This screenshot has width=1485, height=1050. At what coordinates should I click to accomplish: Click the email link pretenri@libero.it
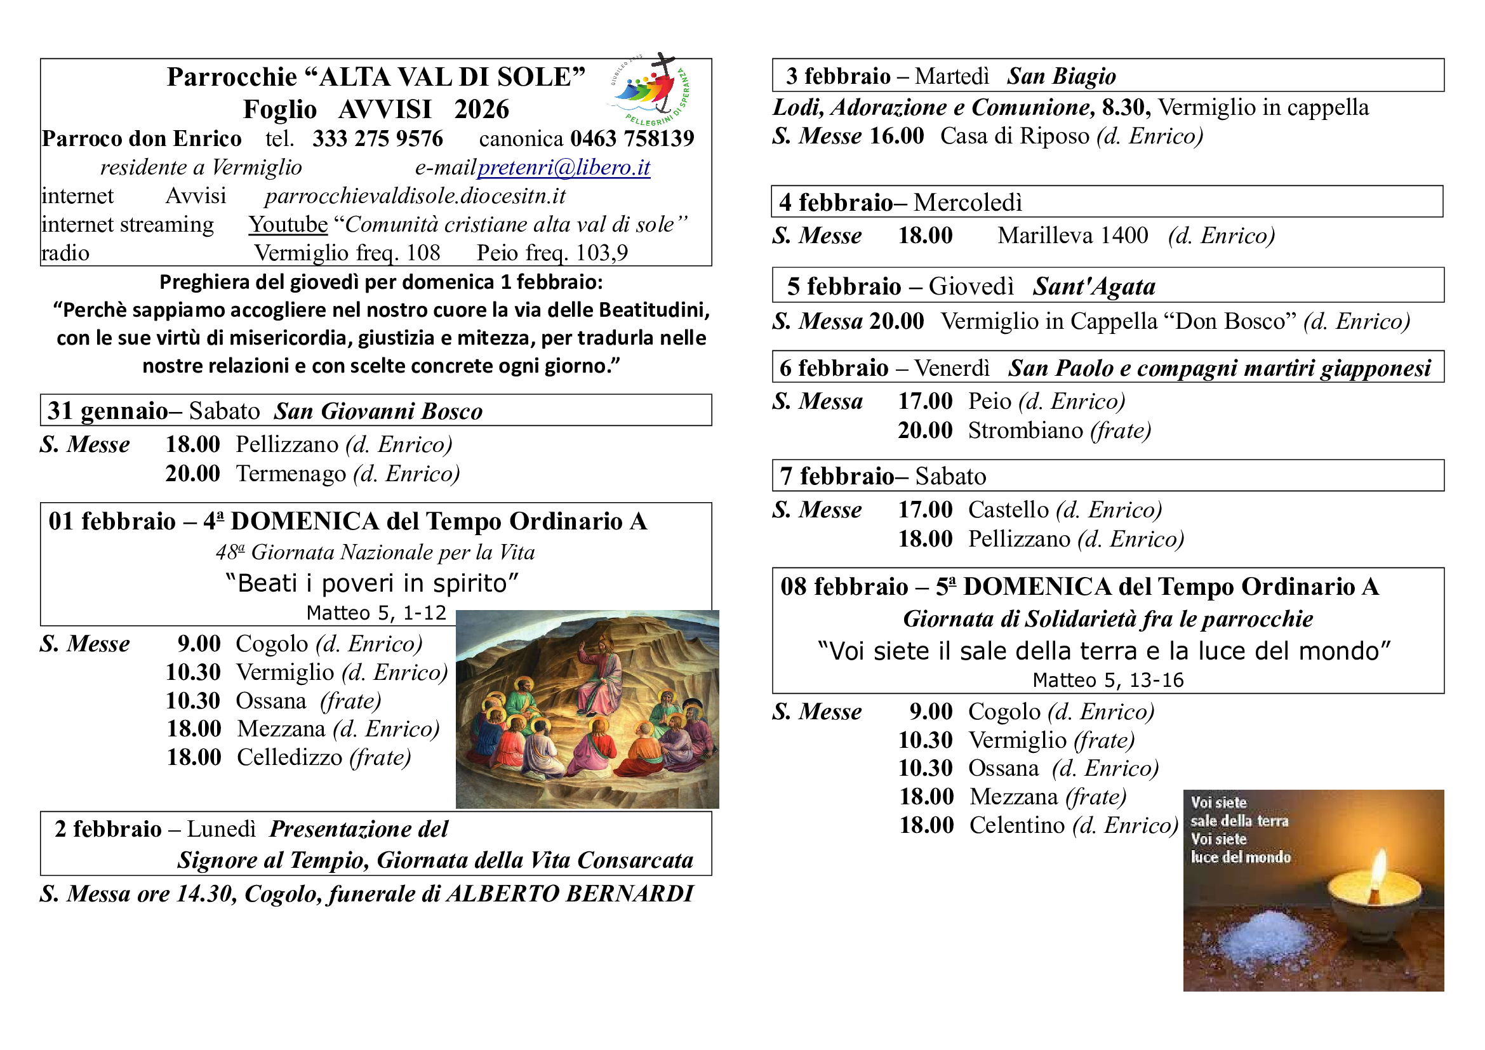(x=563, y=168)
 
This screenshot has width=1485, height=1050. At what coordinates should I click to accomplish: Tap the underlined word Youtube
(x=288, y=224)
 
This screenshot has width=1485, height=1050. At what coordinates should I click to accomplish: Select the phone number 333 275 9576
(x=378, y=138)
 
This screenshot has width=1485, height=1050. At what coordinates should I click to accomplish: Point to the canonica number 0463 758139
(x=632, y=138)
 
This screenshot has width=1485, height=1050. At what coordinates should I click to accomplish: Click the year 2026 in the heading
(x=481, y=109)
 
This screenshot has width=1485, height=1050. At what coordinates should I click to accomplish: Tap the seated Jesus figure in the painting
(x=601, y=675)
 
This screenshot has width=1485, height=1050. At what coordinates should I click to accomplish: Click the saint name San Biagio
(x=1061, y=76)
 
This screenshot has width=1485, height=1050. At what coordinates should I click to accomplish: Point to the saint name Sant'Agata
(x=1094, y=286)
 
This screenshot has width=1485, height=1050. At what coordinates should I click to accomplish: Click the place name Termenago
(x=291, y=474)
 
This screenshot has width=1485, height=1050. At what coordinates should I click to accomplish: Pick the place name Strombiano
(x=1025, y=430)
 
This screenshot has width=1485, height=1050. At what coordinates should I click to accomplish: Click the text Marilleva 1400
(x=1072, y=236)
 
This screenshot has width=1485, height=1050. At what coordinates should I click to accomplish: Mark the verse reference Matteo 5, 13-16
(x=1108, y=680)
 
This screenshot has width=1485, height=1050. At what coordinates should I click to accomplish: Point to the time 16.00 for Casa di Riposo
(x=896, y=136)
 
